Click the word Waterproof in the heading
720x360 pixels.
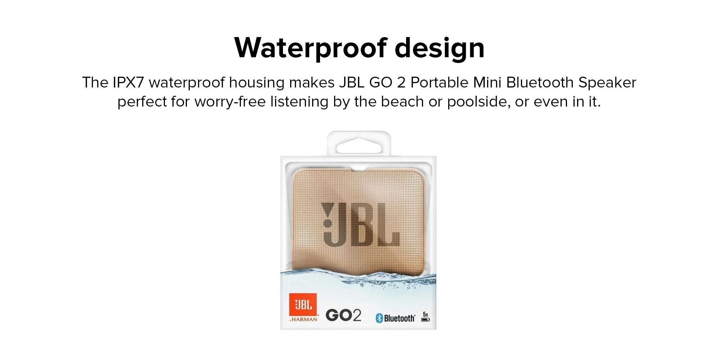[310, 48]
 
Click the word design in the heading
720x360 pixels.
[440, 48]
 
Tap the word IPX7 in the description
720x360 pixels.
[128, 82]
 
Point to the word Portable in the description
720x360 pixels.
[439, 82]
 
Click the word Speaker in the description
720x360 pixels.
[607, 83]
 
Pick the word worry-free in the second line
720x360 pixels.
[230, 102]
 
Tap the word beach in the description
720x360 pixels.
[402, 102]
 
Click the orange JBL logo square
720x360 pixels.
[303, 305]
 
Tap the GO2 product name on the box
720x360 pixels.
[343, 315]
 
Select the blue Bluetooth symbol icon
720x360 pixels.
[379, 318]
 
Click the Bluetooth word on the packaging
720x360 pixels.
[399, 318]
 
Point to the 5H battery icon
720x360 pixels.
[426, 317]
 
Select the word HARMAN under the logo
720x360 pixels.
[305, 319]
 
